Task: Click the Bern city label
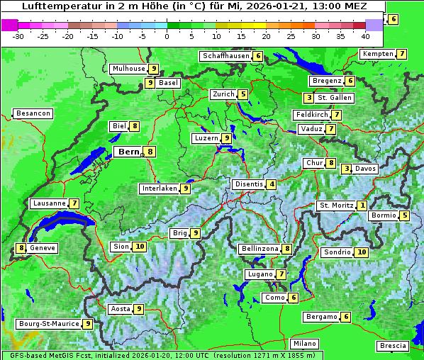pos(129,151)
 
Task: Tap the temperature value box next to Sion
pos(139,247)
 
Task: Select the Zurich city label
pos(223,94)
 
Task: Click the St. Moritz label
pos(336,206)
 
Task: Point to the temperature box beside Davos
pos(346,169)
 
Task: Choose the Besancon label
pos(33,113)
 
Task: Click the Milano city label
pos(305,344)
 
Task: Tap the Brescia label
pos(393,346)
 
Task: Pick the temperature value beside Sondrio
pos(362,252)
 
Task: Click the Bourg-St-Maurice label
pos(49,324)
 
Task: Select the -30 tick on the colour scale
pos(19,36)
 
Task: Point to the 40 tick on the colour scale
pos(365,36)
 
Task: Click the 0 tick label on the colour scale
pos(167,36)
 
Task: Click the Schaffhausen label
pos(225,56)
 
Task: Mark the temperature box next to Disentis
pos(272,184)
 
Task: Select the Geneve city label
pos(43,248)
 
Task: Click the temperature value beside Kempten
pos(401,54)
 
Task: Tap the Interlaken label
pos(160,189)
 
